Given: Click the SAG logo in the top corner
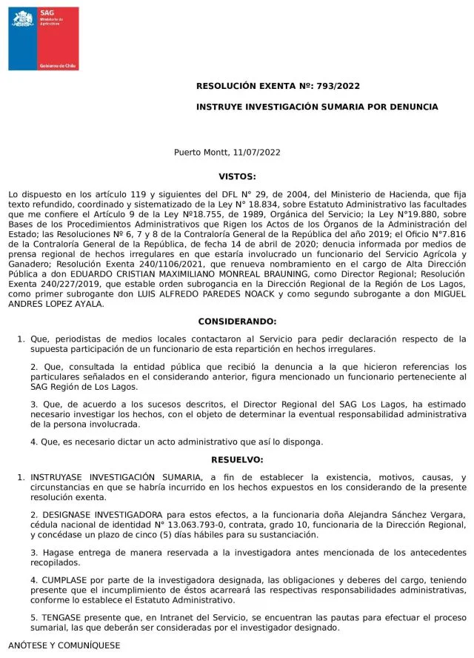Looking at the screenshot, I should point(43,39).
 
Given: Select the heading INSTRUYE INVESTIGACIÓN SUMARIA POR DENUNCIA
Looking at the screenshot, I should point(317,107).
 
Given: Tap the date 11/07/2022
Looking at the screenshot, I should point(256,153).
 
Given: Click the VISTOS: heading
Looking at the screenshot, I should point(237,176).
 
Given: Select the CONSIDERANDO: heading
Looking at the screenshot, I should point(237,322).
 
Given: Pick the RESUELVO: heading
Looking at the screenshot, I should point(237,459).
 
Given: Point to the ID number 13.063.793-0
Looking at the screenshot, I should point(179,525).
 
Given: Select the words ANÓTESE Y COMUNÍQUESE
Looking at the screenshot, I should point(64,646).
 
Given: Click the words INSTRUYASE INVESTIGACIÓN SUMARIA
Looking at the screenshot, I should point(114,477).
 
